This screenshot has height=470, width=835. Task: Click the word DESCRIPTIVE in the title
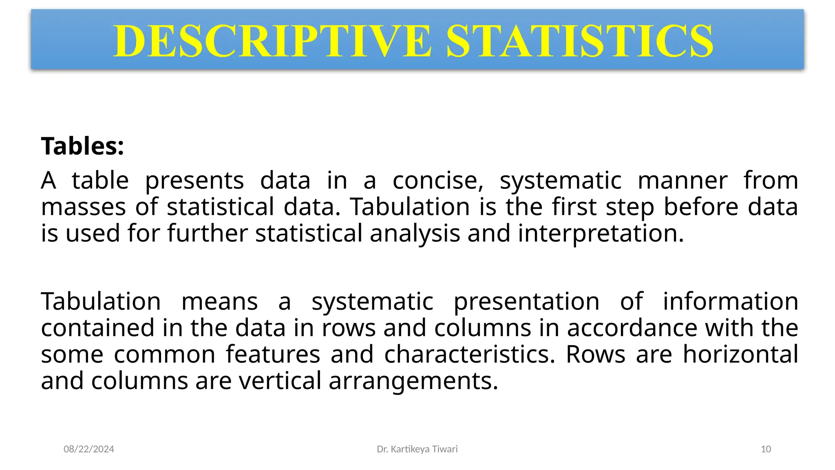(272, 41)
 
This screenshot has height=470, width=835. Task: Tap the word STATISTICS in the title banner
(580, 41)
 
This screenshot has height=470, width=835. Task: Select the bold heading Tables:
(82, 146)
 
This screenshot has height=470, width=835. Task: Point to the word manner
(683, 180)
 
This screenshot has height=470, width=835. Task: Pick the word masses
(84, 207)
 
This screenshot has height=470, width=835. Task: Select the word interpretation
(601, 234)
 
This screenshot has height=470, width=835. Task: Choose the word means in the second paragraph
(219, 302)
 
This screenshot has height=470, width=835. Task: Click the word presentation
(526, 302)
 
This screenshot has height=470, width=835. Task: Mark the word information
(730, 302)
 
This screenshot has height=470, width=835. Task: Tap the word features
(273, 354)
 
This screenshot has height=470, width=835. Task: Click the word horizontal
(740, 354)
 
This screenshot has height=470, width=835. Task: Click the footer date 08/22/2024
(89, 449)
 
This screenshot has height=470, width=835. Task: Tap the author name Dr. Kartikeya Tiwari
(417, 449)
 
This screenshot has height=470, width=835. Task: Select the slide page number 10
(766, 449)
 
